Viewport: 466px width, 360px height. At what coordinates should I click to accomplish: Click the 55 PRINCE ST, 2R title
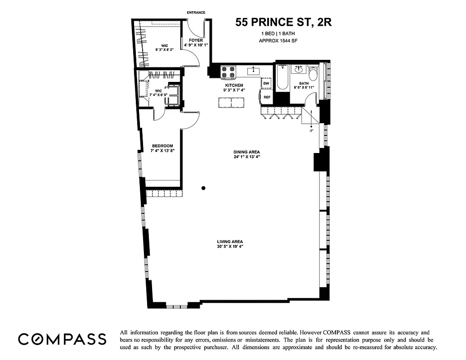283,22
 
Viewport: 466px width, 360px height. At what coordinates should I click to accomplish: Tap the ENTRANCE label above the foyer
196,13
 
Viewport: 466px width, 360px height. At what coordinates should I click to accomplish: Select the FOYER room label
193,40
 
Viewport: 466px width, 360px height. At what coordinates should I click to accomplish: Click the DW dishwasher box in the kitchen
266,83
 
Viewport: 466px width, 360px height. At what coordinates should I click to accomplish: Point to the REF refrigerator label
267,97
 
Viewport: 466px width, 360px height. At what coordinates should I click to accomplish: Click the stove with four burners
229,72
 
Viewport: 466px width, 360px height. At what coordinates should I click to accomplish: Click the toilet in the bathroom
314,73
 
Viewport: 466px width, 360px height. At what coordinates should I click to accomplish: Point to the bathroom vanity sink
299,69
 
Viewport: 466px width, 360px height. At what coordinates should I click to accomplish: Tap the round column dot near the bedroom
204,188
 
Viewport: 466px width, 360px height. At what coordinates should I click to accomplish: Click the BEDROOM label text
162,146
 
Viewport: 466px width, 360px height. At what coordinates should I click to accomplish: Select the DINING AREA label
247,152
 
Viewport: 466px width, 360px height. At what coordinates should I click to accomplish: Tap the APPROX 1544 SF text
278,41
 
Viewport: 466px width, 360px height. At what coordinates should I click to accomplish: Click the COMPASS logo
62,339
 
